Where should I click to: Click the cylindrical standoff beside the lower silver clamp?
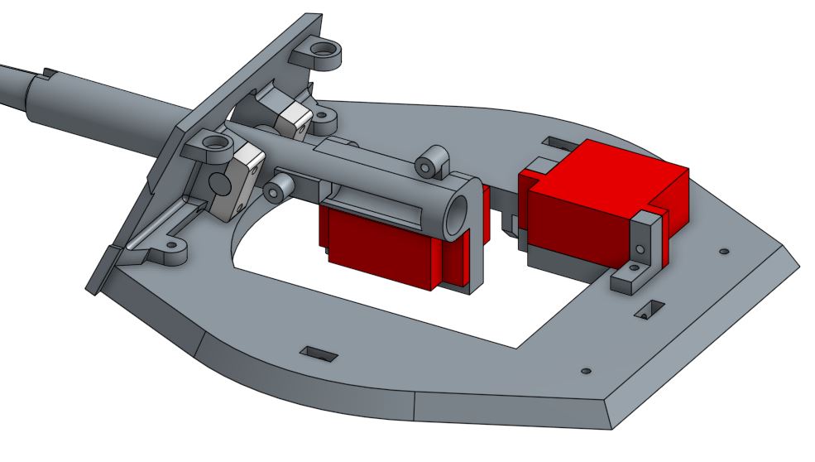[x=275, y=190]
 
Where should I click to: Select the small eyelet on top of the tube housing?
[x=428, y=164]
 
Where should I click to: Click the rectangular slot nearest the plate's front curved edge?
[x=319, y=354]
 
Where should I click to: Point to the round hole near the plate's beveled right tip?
[x=724, y=249]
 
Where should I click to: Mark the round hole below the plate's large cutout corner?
[x=586, y=370]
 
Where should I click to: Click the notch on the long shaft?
[x=45, y=75]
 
